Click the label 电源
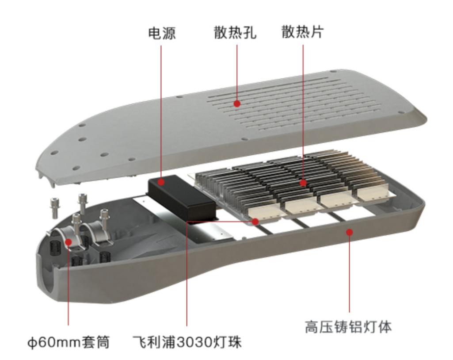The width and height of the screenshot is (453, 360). pos(162,33)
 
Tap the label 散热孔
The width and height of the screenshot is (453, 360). pos(235,32)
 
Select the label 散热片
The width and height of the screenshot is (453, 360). pos(302,31)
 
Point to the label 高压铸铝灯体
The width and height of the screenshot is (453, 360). pos(348,327)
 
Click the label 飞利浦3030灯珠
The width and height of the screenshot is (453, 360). pos(187,342)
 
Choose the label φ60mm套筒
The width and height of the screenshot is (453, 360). pos(69,342)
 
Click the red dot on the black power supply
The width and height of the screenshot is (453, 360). pos(161,182)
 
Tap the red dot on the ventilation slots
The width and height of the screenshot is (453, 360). pos(237,103)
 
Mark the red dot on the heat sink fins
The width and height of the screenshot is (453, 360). pos(303,183)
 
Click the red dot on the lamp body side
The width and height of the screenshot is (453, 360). pos(350,232)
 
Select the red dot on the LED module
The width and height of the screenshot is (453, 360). pos(255,222)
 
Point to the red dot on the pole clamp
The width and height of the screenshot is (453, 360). pos(69,241)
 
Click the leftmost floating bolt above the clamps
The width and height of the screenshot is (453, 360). pos(54,208)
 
